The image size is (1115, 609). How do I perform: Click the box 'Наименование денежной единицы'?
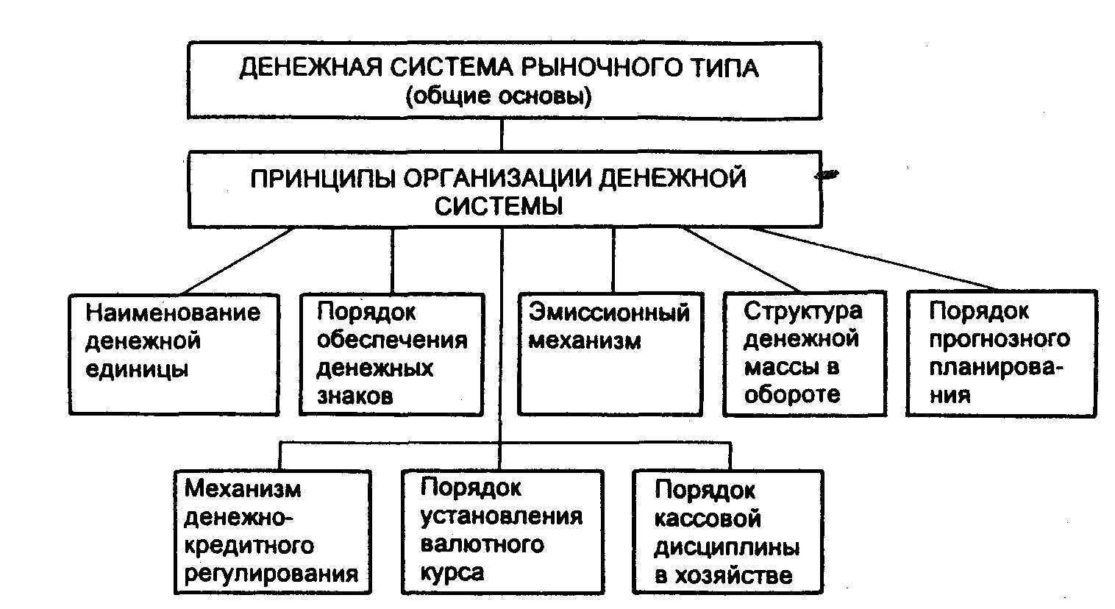174,354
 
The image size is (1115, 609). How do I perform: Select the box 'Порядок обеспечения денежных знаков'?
392,354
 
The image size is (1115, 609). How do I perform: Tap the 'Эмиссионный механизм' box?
610,354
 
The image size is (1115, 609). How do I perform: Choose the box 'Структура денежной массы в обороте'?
803,354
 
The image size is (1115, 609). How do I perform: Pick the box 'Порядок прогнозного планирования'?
1001,354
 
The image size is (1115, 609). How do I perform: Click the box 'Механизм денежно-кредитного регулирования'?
272,532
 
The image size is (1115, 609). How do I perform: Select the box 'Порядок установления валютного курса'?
502,532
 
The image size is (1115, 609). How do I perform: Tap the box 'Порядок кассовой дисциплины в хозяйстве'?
727,532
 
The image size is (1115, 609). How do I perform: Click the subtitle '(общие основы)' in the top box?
499,96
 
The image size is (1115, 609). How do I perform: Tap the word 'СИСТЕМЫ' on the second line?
499,206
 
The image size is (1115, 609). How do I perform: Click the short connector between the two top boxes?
502,135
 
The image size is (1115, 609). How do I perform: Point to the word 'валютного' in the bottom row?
482,545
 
